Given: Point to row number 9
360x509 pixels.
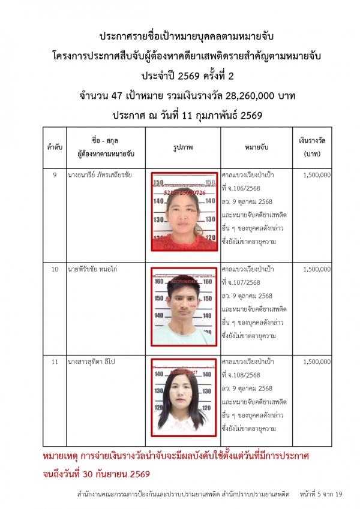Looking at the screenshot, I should point(55,175).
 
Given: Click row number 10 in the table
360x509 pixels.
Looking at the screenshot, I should point(55,269).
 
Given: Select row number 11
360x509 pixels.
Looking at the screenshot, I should point(55,362).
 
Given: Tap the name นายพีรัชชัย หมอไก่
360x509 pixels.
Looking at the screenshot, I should point(92,269).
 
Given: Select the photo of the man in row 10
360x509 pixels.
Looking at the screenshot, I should point(184,307).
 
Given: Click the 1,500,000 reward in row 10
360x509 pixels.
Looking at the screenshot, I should point(317,269).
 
